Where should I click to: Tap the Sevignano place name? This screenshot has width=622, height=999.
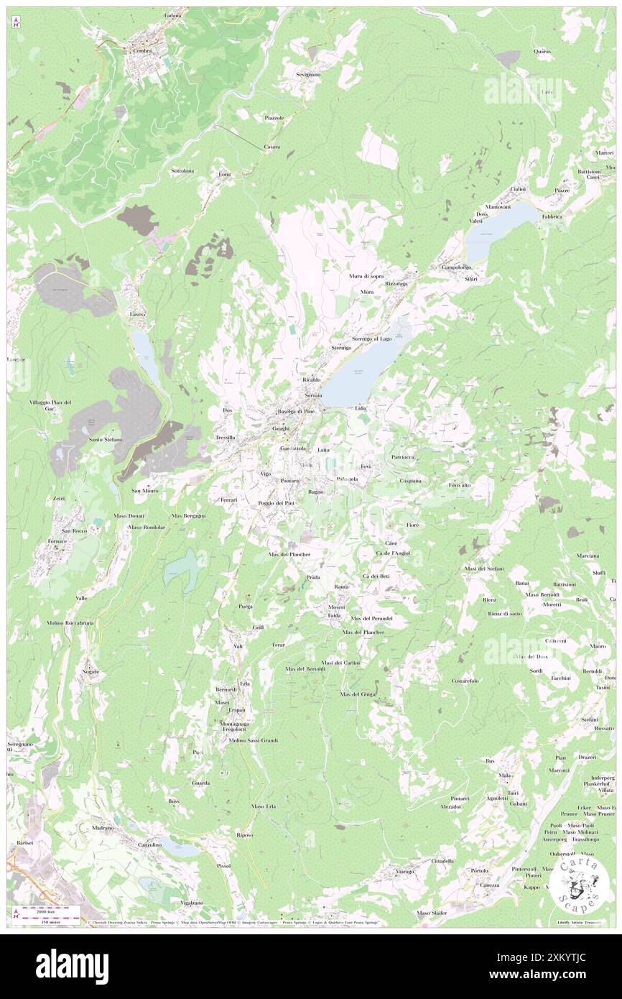308,74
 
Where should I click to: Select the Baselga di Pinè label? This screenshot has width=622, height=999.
297,411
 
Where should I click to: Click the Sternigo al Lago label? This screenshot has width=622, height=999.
372,338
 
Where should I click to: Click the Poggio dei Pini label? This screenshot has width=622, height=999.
282,502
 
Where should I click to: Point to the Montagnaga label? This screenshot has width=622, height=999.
235,724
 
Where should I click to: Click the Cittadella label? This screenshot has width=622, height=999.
442,860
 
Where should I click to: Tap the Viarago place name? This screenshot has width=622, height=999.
404,872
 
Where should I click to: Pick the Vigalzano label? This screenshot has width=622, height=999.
187,902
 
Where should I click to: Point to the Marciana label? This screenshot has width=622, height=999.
588,556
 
